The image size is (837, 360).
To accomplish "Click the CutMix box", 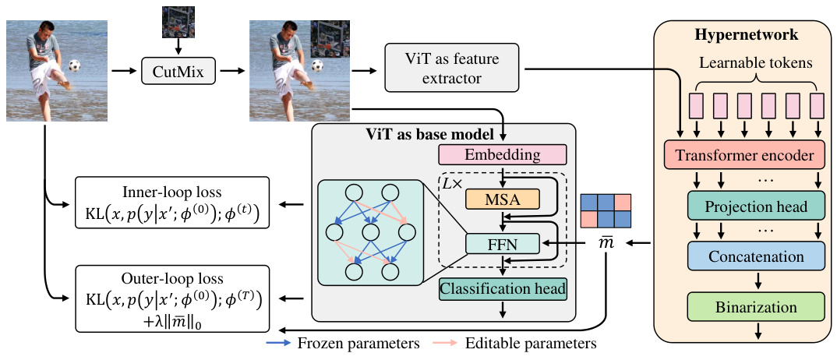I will click(x=178, y=72).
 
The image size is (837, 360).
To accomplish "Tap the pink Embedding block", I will click(x=501, y=154).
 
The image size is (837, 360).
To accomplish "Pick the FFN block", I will click(x=502, y=244).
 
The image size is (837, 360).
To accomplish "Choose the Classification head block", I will click(x=503, y=289).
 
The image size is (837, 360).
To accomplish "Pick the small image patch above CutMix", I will click(x=178, y=22).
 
